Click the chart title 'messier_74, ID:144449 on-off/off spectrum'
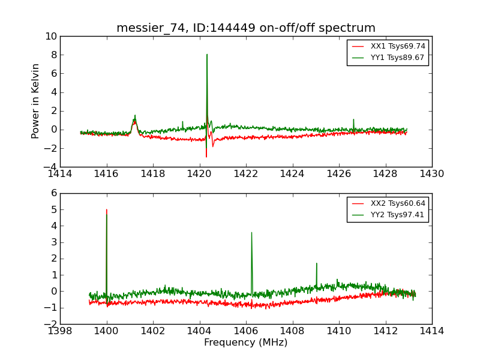246,28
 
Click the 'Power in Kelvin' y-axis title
36,101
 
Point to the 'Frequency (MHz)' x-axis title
246,343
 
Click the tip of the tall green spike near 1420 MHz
207,55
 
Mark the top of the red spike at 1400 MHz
107,209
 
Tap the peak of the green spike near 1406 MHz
251,232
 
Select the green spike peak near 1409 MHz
316,263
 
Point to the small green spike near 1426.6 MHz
353,119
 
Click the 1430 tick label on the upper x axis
432,174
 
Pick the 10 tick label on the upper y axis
50,37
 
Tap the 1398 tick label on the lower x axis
60,331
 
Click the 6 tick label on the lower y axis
53,194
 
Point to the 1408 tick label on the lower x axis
292,331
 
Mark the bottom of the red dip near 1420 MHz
206,157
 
